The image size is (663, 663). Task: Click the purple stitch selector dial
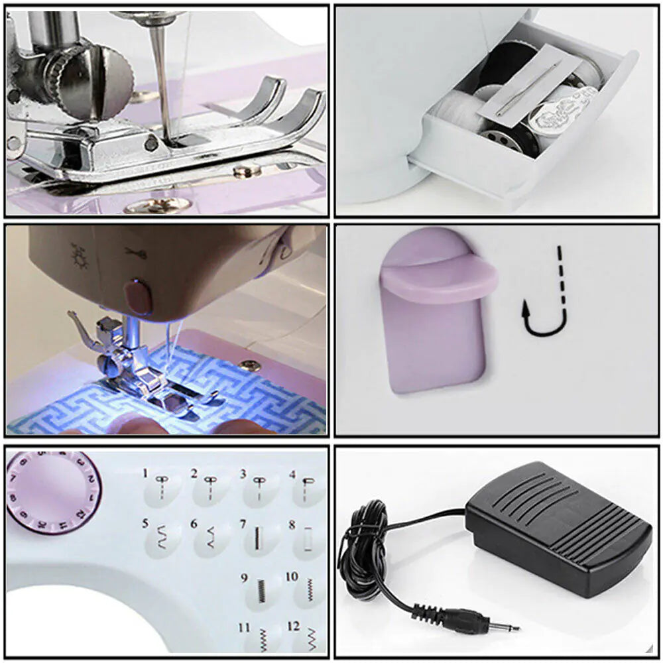click(x=53, y=491)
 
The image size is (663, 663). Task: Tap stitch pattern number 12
click(x=308, y=640)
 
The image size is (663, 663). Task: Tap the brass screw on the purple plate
click(x=251, y=364)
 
